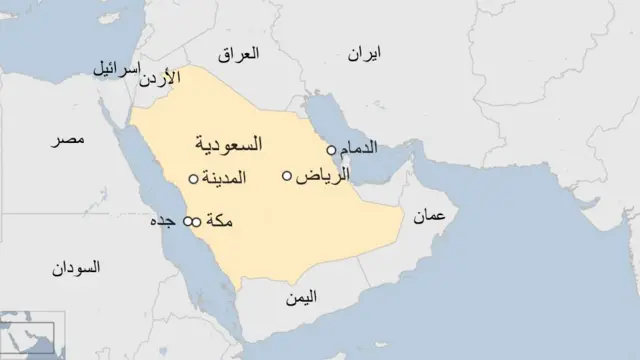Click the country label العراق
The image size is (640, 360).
(x=265, y=53)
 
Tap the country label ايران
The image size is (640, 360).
(x=365, y=54)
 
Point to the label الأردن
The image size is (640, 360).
(x=184, y=75)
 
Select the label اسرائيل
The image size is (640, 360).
(x=118, y=69)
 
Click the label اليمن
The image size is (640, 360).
(x=300, y=297)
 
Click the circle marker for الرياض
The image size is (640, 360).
(x=288, y=176)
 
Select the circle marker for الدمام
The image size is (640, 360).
(x=331, y=150)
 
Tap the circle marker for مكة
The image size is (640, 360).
(x=197, y=220)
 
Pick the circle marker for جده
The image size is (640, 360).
(x=186, y=220)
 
